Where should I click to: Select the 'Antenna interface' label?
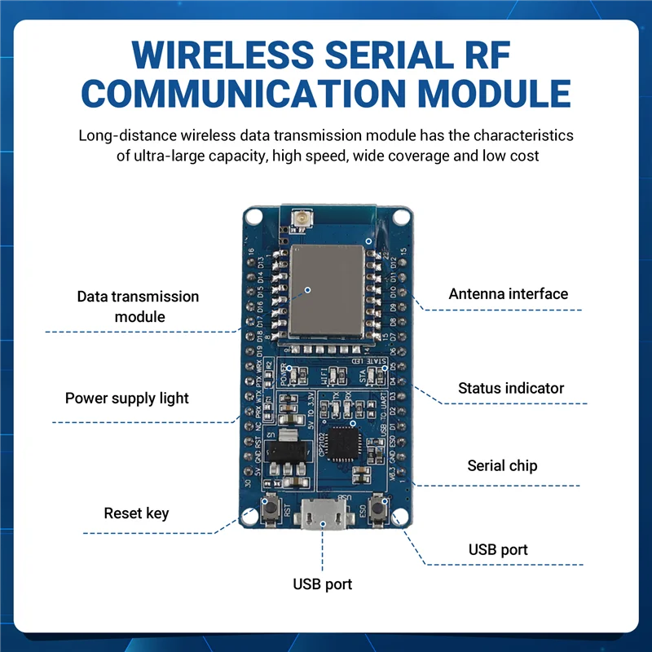[508, 293]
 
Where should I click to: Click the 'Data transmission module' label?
[138, 306]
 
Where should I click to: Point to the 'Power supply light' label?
[126, 399]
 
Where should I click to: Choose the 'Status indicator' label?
[510, 388]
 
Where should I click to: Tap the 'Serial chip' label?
[502, 466]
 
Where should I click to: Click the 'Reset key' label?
[136, 513]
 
